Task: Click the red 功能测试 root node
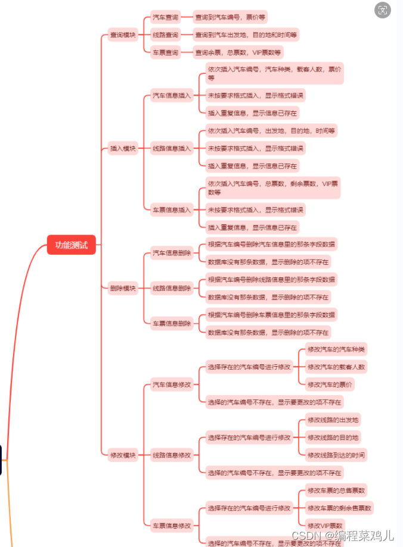point(71,245)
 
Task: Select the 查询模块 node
point(123,35)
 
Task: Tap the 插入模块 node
point(123,148)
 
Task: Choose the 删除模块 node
point(123,288)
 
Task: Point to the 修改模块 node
point(123,455)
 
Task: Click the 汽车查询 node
point(165,17)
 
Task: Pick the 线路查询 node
point(165,35)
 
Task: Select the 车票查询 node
point(165,52)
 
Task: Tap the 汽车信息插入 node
point(172,95)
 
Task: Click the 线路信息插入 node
point(172,148)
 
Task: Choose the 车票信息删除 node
point(172,323)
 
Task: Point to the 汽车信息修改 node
point(172,385)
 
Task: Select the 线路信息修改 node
point(172,455)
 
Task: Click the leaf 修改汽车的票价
point(330,384)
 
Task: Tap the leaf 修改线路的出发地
point(333,420)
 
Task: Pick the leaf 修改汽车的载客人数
point(336,367)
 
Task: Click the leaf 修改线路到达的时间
point(336,455)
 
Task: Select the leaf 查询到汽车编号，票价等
point(230,17)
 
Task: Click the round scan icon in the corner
point(383,10)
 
